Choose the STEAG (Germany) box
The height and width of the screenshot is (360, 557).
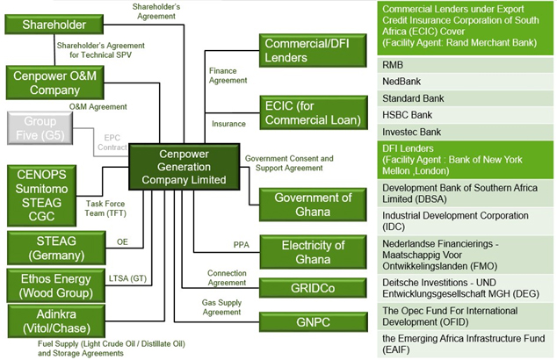pos(54,247)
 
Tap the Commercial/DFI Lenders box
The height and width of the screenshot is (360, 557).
pos(308,49)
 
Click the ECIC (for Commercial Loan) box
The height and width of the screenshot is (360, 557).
pos(308,112)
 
